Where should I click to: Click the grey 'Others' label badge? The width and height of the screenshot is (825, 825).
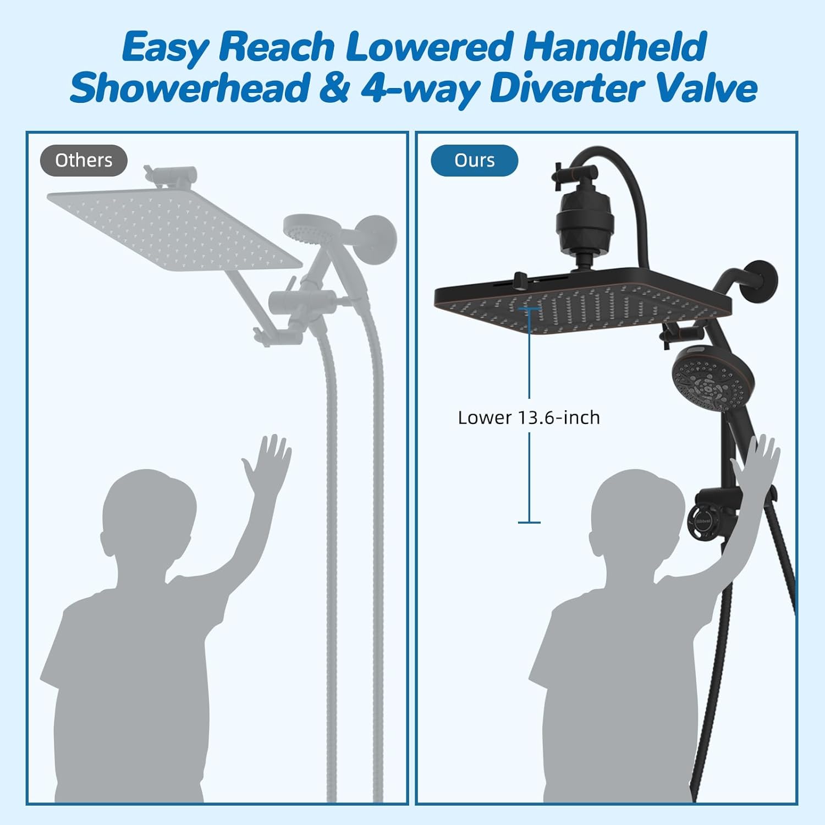(84, 161)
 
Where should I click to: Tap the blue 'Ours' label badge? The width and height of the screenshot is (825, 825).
(474, 161)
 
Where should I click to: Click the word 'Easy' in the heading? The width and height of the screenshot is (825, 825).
(164, 47)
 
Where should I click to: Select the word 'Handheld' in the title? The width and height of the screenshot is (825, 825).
(614, 47)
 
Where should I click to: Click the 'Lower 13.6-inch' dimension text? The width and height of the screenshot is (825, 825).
(529, 417)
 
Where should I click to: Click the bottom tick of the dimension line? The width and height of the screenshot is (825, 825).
(529, 522)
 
